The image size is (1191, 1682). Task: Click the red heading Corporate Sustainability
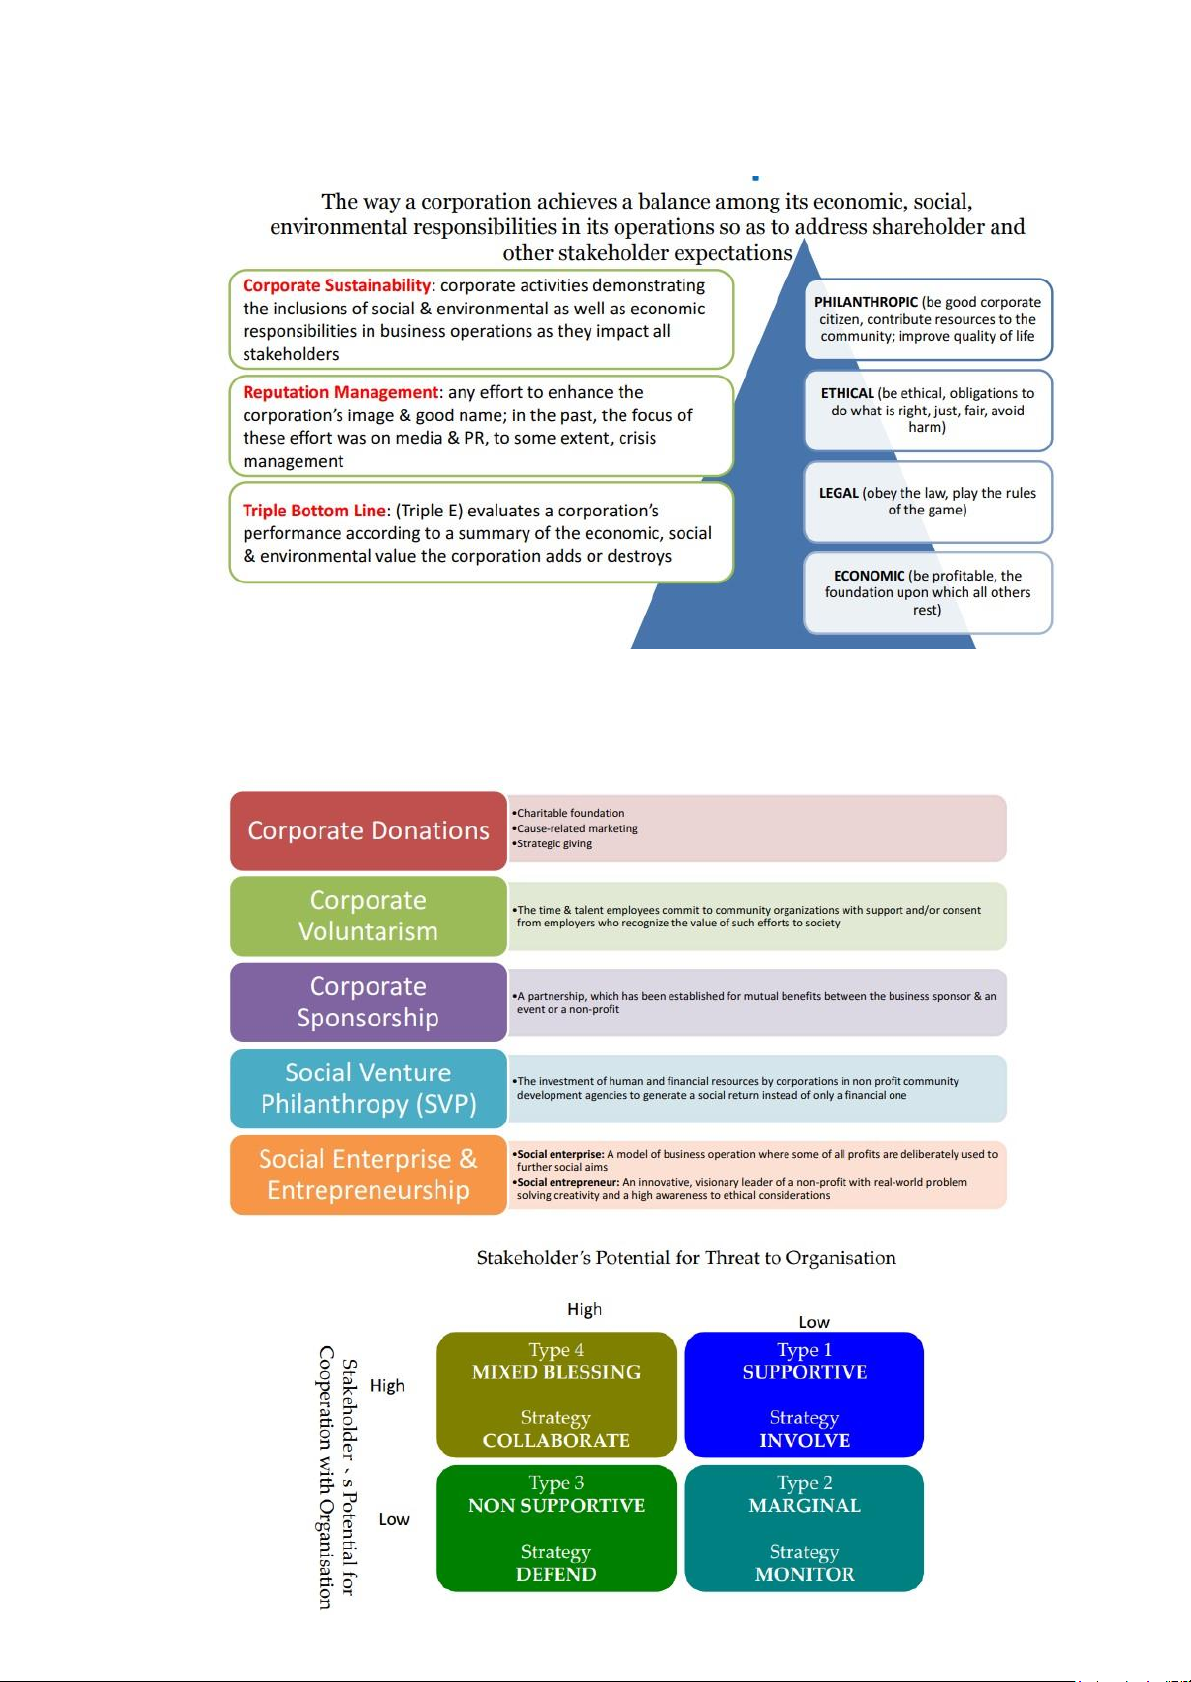point(336,285)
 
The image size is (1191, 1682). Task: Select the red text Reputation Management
point(340,392)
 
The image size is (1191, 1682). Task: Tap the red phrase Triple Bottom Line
point(313,511)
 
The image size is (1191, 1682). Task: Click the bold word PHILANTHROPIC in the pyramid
point(866,302)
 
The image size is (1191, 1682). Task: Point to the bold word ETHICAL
point(847,393)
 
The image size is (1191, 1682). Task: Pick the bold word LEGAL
point(838,493)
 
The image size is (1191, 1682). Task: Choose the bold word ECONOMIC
point(869,576)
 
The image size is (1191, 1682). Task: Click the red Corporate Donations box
point(368,831)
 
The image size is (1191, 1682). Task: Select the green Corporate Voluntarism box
point(368,916)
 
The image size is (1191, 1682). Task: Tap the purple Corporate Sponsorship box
point(368,1002)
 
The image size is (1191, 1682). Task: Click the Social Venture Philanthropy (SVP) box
point(368,1088)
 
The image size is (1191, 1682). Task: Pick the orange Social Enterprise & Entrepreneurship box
point(368,1174)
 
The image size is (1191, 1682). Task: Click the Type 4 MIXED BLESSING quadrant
point(556,1395)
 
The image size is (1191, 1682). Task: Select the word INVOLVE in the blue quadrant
point(805,1441)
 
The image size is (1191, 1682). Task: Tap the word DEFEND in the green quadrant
point(556,1574)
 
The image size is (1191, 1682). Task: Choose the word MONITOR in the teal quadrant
point(805,1574)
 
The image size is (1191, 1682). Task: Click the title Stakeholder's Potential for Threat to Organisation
point(687,1259)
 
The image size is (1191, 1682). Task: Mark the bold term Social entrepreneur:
point(568,1182)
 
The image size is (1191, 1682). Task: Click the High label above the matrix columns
point(584,1309)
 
